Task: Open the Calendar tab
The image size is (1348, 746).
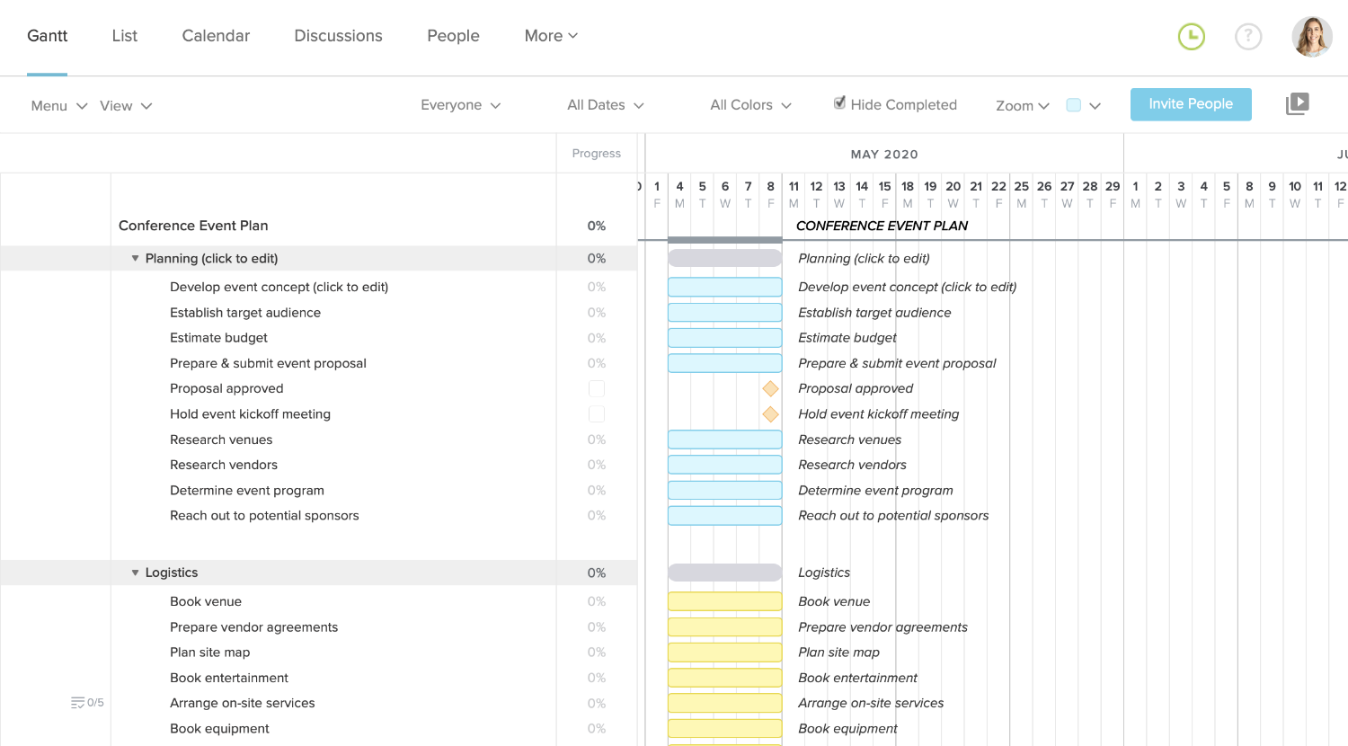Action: (216, 36)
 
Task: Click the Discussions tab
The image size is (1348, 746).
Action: (338, 36)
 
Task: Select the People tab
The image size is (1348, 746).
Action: (453, 36)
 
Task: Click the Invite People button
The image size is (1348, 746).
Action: (1191, 104)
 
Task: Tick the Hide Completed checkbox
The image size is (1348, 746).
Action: (839, 103)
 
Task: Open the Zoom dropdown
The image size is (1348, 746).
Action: (1022, 106)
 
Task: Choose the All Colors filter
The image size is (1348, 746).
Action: (750, 105)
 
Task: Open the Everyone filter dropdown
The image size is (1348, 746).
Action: (460, 105)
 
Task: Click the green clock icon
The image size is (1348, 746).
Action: (1192, 37)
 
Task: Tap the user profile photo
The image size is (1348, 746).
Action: (1311, 37)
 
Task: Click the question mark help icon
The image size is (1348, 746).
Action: (1248, 37)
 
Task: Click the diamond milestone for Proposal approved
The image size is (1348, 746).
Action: (770, 388)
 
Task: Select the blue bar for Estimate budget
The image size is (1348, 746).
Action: (724, 338)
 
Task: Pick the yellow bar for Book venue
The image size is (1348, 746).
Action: (724, 601)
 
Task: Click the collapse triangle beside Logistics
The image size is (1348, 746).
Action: (136, 573)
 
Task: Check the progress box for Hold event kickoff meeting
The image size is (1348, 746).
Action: (597, 414)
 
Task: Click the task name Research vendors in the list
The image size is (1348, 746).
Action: (224, 465)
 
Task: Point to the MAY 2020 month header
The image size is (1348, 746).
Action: (884, 155)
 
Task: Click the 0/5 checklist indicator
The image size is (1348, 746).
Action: (88, 703)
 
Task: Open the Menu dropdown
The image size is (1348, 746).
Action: (58, 106)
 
